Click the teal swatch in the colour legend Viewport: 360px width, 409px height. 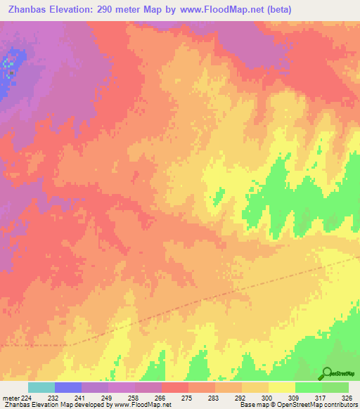click(x=41, y=387)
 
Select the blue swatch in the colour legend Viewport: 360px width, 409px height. click(x=68, y=387)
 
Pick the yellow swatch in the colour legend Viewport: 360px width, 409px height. click(x=281, y=387)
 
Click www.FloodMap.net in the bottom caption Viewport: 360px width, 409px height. click(x=142, y=405)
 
